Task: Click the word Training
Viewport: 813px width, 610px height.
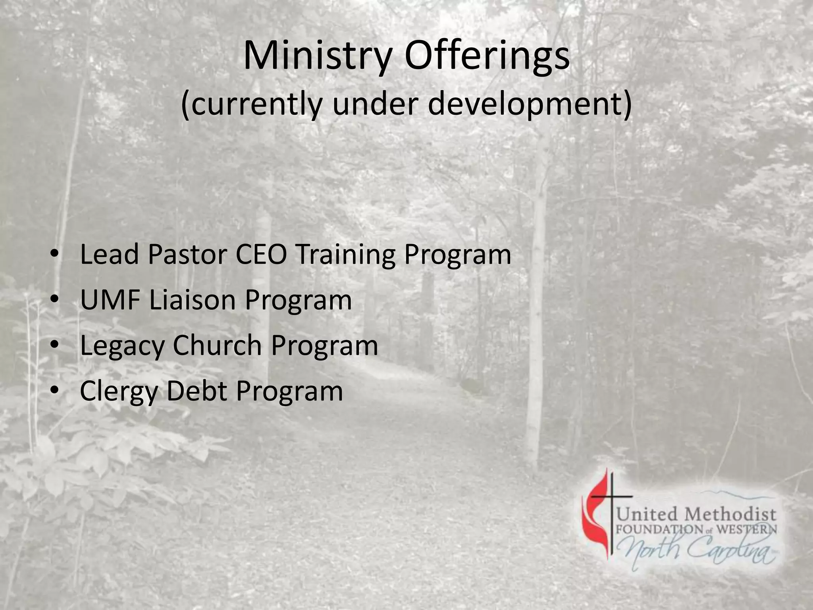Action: (x=346, y=255)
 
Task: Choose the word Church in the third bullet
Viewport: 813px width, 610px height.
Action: (x=217, y=345)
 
